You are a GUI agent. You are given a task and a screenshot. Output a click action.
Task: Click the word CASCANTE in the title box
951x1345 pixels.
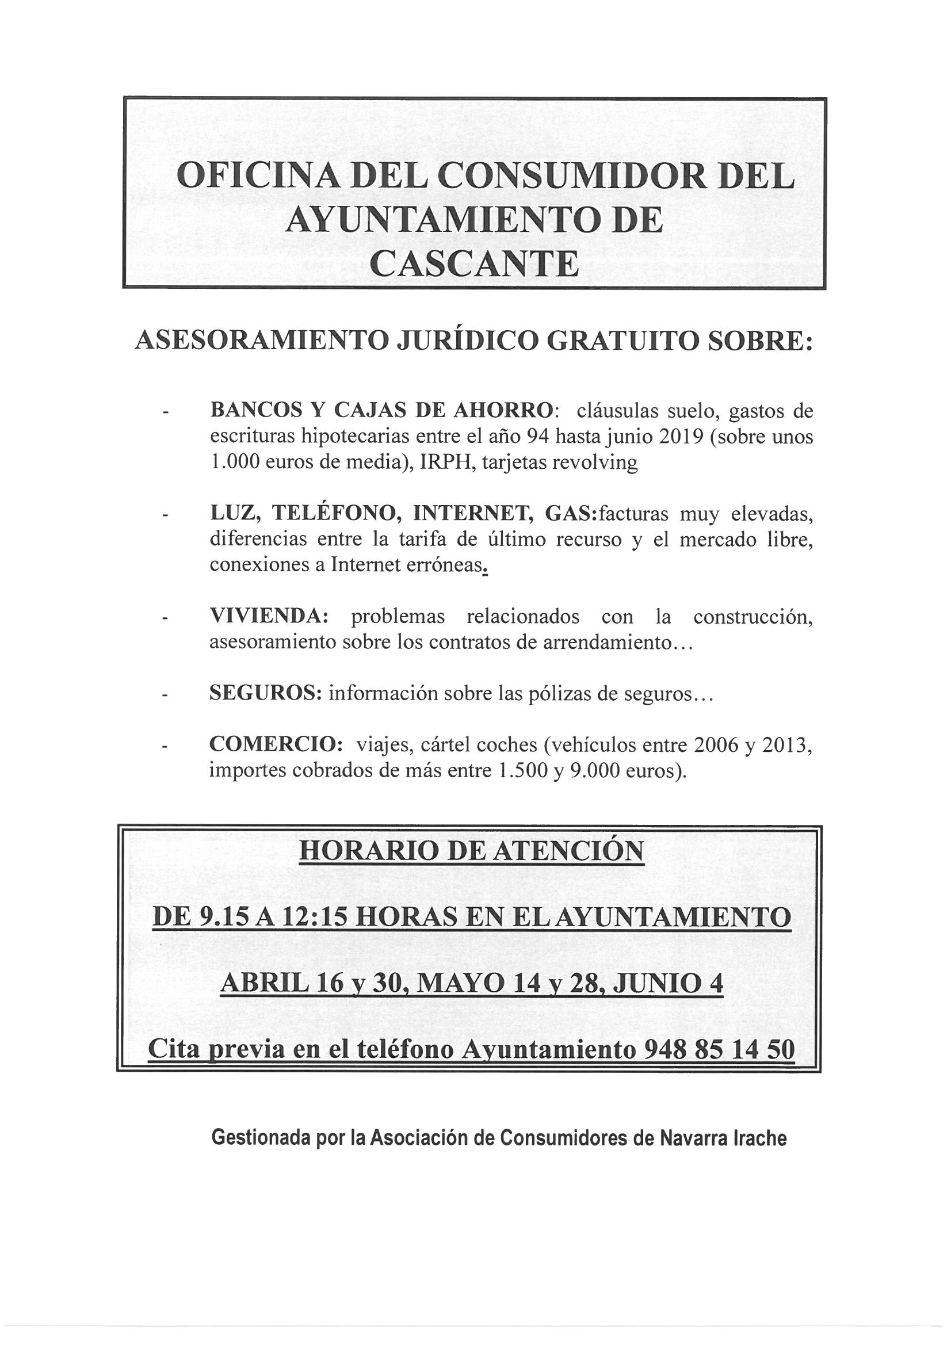[475, 265]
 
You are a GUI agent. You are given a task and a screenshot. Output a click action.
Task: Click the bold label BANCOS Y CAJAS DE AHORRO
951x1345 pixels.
[380, 411]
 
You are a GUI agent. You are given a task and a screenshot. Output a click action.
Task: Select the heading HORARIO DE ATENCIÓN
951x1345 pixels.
[472, 851]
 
